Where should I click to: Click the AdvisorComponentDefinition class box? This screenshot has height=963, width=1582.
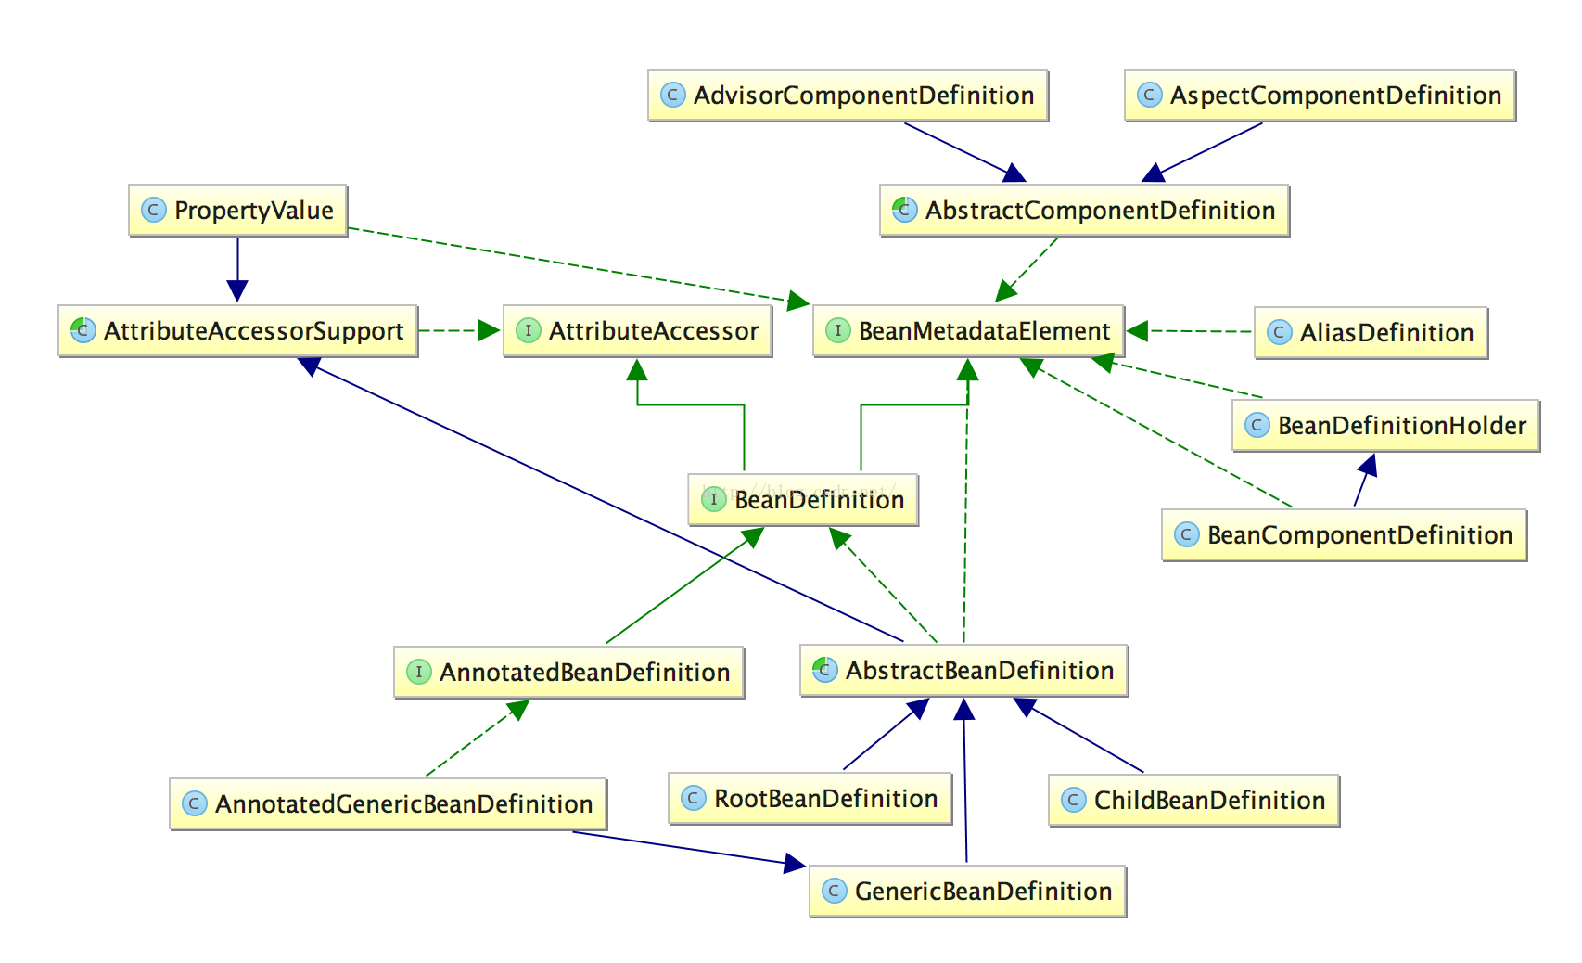click(848, 95)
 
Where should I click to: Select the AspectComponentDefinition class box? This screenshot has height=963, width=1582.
click(1320, 95)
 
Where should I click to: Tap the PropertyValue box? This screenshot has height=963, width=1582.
click(238, 211)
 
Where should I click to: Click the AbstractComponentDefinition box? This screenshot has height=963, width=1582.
click(1084, 211)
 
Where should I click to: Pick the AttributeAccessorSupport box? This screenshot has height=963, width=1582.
click(238, 331)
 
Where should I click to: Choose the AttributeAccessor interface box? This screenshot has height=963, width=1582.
click(638, 331)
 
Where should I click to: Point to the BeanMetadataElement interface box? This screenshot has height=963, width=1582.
click(969, 331)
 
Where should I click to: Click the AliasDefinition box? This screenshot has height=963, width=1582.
click(1371, 333)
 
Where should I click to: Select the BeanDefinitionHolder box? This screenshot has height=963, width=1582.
click(1385, 426)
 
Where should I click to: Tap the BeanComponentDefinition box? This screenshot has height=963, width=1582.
click(1344, 535)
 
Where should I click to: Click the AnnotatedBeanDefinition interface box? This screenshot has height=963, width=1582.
click(569, 673)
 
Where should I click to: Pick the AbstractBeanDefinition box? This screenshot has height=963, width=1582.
click(964, 671)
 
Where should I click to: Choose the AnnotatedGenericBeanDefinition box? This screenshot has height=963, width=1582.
click(389, 804)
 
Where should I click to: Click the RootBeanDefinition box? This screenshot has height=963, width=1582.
click(810, 799)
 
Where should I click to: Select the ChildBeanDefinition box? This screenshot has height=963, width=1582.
click(1193, 801)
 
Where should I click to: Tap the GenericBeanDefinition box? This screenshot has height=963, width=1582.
click(968, 892)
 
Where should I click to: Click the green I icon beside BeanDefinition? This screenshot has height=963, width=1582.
click(713, 500)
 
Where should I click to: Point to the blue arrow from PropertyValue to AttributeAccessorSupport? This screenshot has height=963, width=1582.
click(237, 269)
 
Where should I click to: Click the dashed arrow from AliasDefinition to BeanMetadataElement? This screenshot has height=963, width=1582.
click(1191, 331)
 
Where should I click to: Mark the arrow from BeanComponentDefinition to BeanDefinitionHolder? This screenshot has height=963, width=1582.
click(1364, 481)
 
